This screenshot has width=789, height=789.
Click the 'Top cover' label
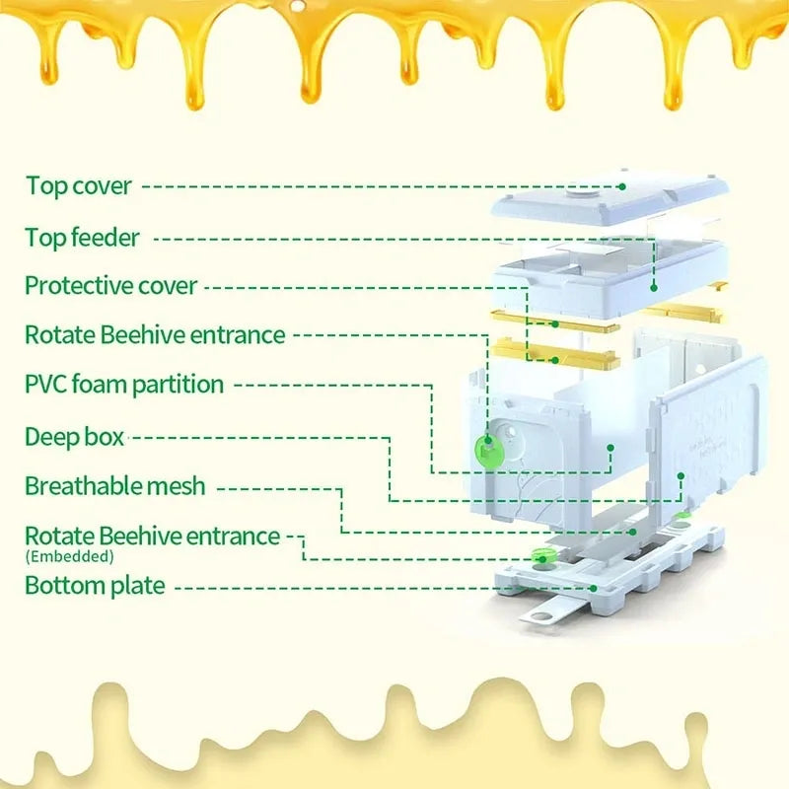click(78, 185)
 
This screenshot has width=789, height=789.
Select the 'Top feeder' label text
click(82, 237)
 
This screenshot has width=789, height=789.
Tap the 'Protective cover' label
click(110, 286)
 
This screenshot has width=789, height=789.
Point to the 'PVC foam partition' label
click(124, 384)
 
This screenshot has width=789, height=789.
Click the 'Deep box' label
click(74, 436)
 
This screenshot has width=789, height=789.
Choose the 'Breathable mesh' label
click(115, 485)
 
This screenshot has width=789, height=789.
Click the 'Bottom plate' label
click(94, 585)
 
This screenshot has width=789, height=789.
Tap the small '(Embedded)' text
click(69, 557)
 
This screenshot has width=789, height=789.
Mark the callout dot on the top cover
click(623, 185)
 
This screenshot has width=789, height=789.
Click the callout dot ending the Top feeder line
click(654, 287)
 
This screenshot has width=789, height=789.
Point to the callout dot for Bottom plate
click(594, 586)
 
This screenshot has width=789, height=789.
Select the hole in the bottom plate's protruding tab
click(539, 617)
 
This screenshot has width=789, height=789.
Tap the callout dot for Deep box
click(610, 447)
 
